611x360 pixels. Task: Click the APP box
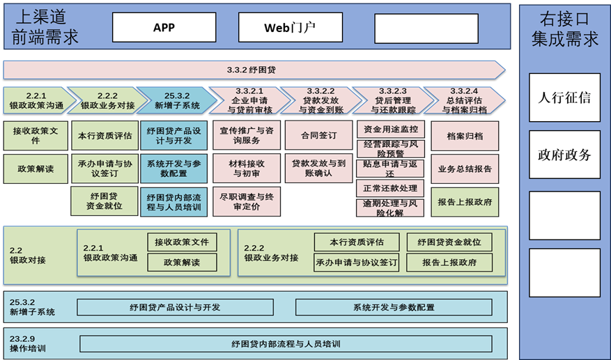coord(164,28)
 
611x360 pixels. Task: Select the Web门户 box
coord(290,28)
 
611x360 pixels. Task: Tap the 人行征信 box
coord(564,97)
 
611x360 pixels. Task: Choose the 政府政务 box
coord(564,155)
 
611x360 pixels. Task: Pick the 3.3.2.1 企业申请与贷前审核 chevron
coord(246,100)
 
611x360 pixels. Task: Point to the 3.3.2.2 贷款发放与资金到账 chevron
coord(317,100)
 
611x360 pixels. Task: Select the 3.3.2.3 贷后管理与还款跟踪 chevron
coord(388,100)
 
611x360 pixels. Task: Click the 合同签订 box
coord(318,135)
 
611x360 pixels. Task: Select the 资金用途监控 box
coord(390,129)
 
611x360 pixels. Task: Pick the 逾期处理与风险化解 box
coord(390,208)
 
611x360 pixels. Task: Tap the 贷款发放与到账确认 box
coord(318,169)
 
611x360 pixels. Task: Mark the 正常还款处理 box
coord(390,188)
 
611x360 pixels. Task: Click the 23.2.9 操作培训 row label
coord(29,343)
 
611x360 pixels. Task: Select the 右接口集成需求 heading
coord(564,29)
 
